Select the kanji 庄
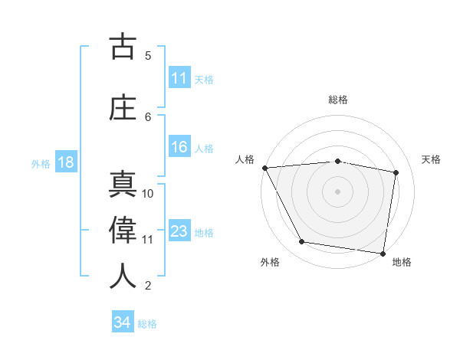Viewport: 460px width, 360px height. click(123, 107)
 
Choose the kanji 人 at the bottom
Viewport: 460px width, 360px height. click(123, 277)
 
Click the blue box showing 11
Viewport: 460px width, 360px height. click(179, 78)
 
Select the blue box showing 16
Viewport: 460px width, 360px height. click(179, 148)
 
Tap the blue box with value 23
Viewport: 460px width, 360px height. click(179, 231)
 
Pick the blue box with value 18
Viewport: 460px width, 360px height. click(65, 162)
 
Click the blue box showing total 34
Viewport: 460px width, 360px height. click(122, 323)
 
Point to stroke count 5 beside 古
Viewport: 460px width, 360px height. click(148, 55)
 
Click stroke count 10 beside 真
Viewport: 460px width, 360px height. click(148, 193)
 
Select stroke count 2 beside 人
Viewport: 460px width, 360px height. click(148, 286)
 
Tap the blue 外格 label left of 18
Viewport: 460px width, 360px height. click(41, 163)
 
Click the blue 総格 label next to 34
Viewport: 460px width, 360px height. click(147, 324)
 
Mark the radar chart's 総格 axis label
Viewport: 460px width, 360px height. click(338, 100)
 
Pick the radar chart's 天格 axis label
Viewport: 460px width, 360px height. click(432, 159)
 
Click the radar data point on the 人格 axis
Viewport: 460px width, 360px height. click(264, 168)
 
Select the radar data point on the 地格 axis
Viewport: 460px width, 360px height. click(383, 253)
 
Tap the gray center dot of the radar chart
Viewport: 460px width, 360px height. click(338, 191)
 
